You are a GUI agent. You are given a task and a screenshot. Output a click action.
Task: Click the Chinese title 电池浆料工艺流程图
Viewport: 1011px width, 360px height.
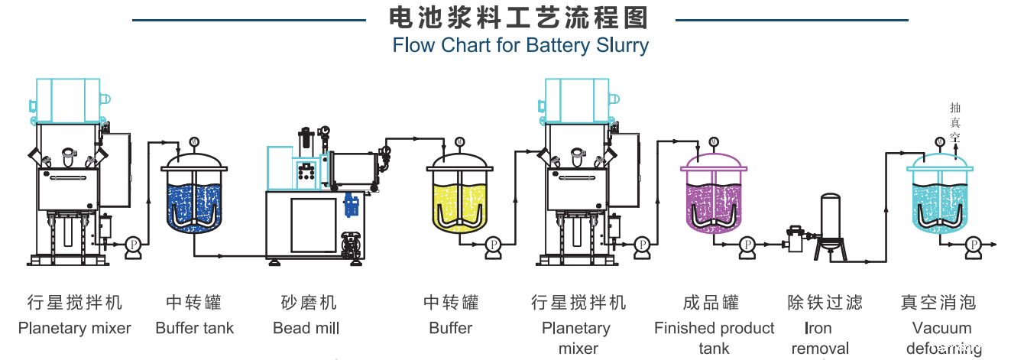pyautogui.click(x=520, y=17)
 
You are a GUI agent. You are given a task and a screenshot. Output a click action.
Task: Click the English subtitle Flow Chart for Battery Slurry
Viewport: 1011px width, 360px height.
pyautogui.click(x=520, y=45)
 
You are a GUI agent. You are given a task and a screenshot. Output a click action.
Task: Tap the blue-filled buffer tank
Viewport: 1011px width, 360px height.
pyautogui.click(x=194, y=200)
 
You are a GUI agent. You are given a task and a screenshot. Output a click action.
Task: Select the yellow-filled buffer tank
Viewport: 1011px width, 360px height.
pyautogui.click(x=459, y=200)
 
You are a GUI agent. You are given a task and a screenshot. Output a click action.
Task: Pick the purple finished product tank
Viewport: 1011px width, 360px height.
pyautogui.click(x=714, y=200)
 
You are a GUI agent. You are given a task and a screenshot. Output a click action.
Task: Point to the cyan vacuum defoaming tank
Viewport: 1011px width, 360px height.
pyautogui.click(x=939, y=200)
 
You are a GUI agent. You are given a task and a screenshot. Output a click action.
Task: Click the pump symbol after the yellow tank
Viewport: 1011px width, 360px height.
pyautogui.click(x=493, y=244)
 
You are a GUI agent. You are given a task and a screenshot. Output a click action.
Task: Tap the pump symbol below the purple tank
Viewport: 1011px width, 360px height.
pyautogui.click(x=747, y=244)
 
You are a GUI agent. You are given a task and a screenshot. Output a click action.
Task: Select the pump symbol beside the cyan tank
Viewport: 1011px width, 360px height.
pyautogui.click(x=973, y=244)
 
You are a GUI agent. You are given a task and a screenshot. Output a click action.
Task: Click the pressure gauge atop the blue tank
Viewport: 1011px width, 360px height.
pyautogui.click(x=193, y=141)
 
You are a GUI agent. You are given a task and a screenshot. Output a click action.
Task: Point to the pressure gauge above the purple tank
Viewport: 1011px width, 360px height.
pyautogui.click(x=713, y=141)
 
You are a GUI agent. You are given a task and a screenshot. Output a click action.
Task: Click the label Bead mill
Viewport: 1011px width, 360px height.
pyautogui.click(x=306, y=329)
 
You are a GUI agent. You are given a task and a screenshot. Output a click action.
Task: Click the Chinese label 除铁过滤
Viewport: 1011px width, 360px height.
pyautogui.click(x=825, y=303)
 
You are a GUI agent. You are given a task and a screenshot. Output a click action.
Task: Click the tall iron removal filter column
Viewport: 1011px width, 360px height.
pyautogui.click(x=830, y=218)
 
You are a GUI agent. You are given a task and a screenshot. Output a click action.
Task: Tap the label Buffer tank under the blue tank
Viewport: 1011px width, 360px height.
pyautogui.click(x=194, y=329)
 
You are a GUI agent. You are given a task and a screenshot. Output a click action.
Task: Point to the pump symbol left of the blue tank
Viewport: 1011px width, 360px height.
pyautogui.click(x=134, y=244)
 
